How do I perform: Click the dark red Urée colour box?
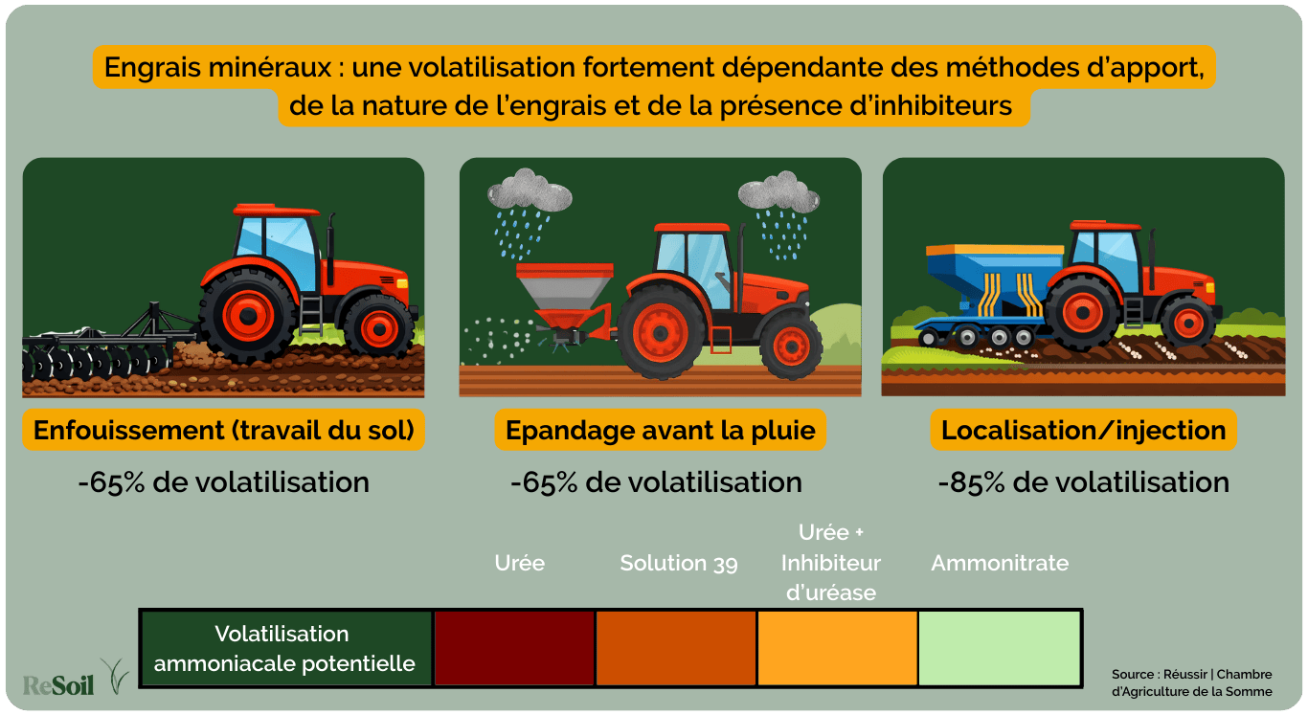[514, 648]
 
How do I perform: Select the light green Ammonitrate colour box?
[999, 648]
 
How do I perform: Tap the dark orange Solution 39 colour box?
[676, 648]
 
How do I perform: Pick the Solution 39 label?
[679, 563]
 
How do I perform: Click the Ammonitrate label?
[1000, 563]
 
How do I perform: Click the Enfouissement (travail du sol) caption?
[224, 431]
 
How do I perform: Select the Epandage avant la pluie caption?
[661, 431]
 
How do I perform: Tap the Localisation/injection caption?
[1084, 431]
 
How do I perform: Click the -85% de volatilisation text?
[1084, 481]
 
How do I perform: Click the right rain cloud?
[778, 193]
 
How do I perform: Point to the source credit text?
[1192, 682]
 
